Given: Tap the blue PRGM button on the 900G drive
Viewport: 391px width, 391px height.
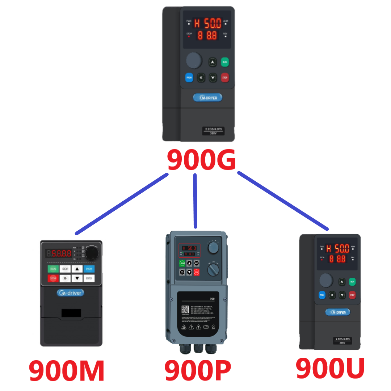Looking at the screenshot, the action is (x=189, y=77).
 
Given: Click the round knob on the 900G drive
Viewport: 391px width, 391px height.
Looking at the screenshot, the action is (x=194, y=60).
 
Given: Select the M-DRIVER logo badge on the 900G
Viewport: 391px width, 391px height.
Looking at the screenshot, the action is (x=207, y=97).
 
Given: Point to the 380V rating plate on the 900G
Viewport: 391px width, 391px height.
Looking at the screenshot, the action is (x=213, y=131).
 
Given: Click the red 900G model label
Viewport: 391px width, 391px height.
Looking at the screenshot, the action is (x=201, y=160).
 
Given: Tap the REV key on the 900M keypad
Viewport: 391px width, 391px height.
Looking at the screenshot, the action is (x=65, y=269).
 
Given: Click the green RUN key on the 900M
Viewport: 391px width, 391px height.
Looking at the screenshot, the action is (x=53, y=269).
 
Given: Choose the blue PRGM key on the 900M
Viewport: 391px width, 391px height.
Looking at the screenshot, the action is (x=89, y=269).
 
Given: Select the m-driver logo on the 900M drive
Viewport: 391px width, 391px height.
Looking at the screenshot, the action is (x=71, y=293).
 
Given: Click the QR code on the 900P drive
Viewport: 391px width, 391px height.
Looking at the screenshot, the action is (x=185, y=310).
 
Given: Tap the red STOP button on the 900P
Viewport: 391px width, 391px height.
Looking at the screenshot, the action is (x=197, y=272).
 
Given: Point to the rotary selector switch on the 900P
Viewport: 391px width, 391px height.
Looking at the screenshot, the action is (x=213, y=269).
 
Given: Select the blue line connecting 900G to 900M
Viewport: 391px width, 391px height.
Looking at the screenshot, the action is (x=122, y=204).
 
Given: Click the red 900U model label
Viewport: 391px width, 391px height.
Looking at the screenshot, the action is (x=330, y=368).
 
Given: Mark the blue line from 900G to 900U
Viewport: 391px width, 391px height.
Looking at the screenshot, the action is (x=283, y=201).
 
